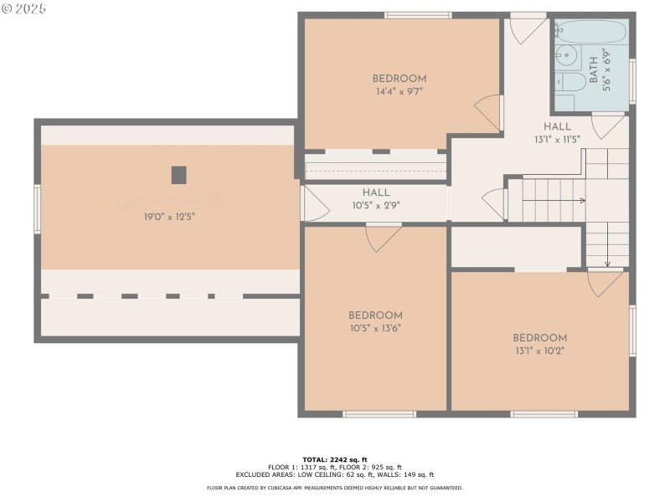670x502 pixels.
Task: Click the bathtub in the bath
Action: click(x=590, y=33)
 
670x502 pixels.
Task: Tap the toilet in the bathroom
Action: click(x=572, y=82)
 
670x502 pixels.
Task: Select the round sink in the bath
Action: click(x=567, y=56)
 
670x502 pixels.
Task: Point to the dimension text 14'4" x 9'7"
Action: click(x=399, y=92)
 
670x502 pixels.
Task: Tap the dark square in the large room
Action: click(x=178, y=175)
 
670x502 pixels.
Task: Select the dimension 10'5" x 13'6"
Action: click(x=375, y=328)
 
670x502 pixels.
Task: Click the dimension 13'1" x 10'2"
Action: click(x=539, y=351)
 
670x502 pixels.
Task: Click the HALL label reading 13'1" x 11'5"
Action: click(x=557, y=139)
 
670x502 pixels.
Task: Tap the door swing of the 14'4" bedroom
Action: click(x=489, y=112)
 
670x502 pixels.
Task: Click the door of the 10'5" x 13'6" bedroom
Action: click(x=383, y=237)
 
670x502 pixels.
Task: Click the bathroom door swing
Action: click(x=608, y=126)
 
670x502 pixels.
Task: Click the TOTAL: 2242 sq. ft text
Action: click(x=335, y=459)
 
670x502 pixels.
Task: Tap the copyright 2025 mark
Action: click(x=25, y=8)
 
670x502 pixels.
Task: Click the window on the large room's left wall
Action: click(x=37, y=208)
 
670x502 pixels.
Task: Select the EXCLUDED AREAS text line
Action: click(x=335, y=474)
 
